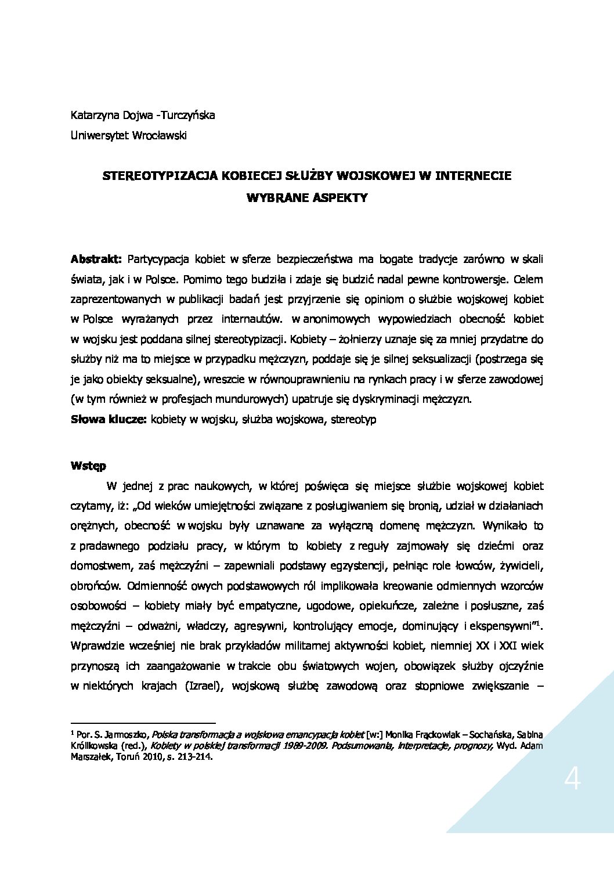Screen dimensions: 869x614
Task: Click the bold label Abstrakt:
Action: (x=96, y=258)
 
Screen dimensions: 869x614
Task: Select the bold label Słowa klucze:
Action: (x=108, y=419)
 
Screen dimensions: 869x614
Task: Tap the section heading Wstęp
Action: (x=88, y=466)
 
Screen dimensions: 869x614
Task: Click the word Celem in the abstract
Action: (x=528, y=279)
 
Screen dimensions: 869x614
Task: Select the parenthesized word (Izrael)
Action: (x=204, y=686)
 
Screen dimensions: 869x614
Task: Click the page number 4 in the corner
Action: (x=572, y=782)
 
